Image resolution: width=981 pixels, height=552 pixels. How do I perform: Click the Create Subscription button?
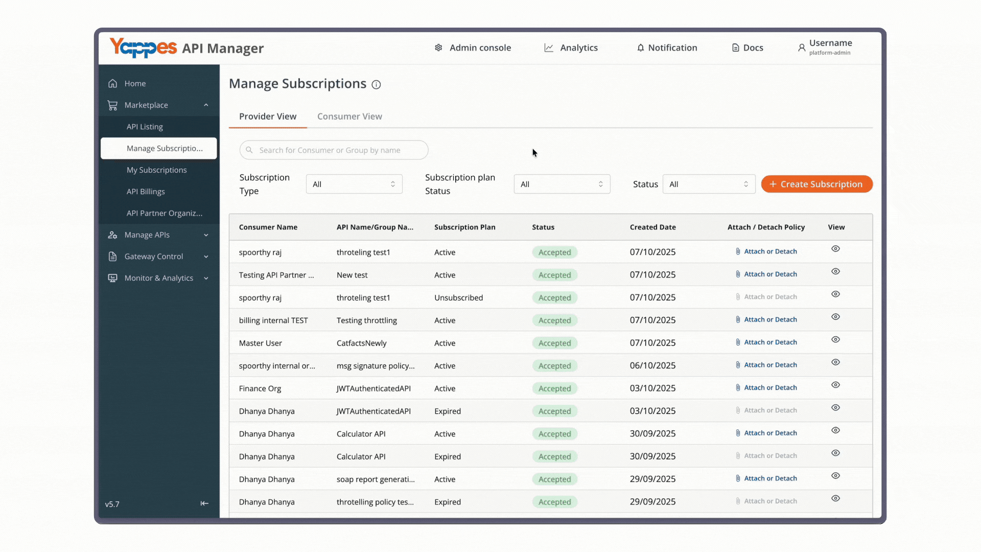pyautogui.click(x=816, y=184)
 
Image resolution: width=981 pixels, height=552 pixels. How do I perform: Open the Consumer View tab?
pyautogui.click(x=349, y=117)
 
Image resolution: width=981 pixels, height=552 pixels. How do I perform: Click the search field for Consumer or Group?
pyautogui.click(x=334, y=150)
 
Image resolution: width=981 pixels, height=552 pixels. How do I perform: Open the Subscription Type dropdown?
pyautogui.click(x=354, y=184)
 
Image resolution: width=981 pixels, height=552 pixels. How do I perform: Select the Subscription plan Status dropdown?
pyautogui.click(x=562, y=184)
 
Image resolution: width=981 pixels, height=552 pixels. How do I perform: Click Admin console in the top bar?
pyautogui.click(x=473, y=48)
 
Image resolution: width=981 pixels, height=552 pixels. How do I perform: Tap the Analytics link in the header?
pyautogui.click(x=571, y=48)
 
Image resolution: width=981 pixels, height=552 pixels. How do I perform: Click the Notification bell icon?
pyautogui.click(x=640, y=48)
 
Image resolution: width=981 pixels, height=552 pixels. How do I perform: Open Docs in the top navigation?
pyautogui.click(x=748, y=48)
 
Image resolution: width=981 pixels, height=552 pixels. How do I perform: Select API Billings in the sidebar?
pyautogui.click(x=146, y=192)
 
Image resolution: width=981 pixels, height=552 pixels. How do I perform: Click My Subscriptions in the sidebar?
pyautogui.click(x=157, y=170)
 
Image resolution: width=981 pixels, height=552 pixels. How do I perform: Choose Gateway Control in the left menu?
pyautogui.click(x=153, y=257)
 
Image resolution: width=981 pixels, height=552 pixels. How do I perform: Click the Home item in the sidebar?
pyautogui.click(x=135, y=83)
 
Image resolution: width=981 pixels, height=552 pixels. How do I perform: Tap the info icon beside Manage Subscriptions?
pyautogui.click(x=376, y=85)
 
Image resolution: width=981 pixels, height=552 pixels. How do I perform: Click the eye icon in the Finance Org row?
pyautogui.click(x=835, y=385)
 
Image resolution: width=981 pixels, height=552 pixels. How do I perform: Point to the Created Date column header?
pyautogui.click(x=652, y=227)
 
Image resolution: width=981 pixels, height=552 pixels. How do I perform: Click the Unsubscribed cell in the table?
pyautogui.click(x=458, y=297)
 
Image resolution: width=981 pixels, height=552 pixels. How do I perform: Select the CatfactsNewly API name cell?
pyautogui.click(x=361, y=343)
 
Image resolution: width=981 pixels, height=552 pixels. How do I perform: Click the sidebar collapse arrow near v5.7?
pyautogui.click(x=204, y=503)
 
